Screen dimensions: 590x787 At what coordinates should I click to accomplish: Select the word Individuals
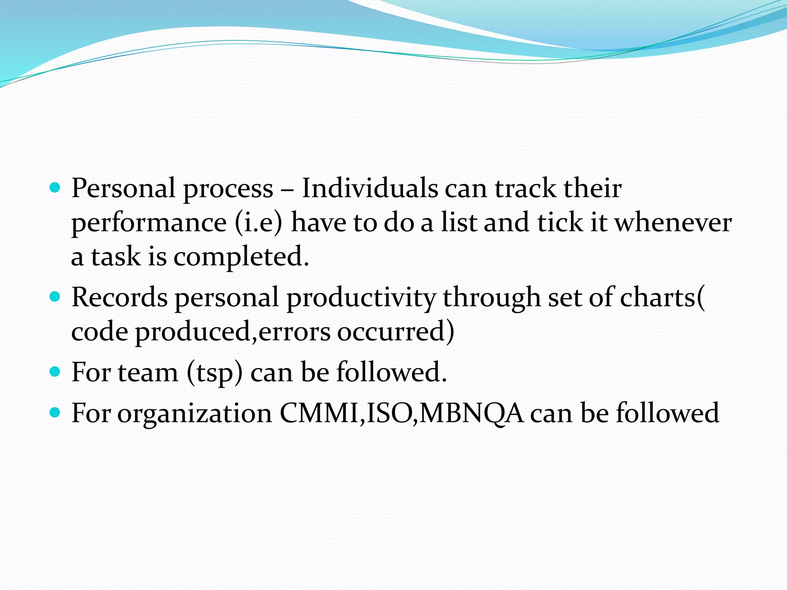[370, 188]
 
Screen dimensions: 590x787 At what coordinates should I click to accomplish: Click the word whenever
[673, 223]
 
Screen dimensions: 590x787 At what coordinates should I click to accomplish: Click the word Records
[120, 297]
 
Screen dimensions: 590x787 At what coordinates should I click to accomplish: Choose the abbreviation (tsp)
[215, 373]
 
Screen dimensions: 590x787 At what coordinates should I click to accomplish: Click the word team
[148, 373]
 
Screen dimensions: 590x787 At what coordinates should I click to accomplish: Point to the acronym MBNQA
[471, 413]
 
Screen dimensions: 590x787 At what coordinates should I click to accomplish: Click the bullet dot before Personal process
[55, 188]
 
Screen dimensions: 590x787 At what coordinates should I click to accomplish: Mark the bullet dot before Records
[55, 297]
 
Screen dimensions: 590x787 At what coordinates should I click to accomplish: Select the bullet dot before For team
[55, 371]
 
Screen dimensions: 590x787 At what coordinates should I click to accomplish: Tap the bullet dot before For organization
[55, 413]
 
